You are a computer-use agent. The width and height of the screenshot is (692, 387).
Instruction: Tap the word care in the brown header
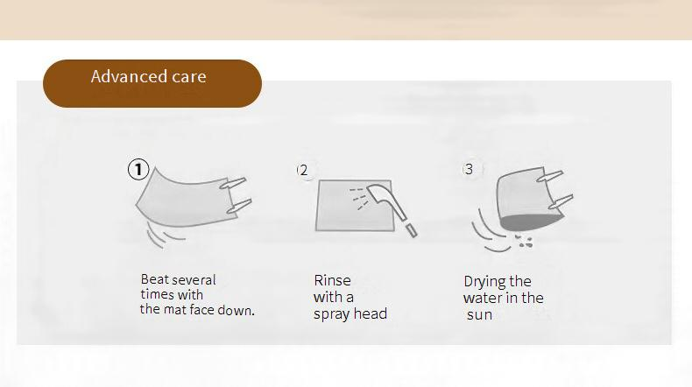[189, 77]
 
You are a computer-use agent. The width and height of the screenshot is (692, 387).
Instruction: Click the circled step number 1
[138, 170]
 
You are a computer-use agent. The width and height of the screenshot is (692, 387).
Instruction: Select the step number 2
[303, 171]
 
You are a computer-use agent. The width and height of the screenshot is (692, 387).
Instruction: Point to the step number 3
[469, 169]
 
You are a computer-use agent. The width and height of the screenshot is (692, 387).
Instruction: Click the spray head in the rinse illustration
[391, 208]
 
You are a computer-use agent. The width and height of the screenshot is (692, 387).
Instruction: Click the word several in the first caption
[194, 280]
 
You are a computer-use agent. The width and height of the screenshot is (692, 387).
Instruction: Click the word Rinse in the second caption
[332, 280]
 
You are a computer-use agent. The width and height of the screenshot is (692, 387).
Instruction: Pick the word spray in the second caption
[329, 314]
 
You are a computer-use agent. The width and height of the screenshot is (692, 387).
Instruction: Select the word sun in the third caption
[479, 315]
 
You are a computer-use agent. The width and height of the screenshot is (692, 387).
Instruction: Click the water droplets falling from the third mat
[524, 241]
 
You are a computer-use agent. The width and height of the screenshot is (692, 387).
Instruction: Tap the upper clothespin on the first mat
[233, 183]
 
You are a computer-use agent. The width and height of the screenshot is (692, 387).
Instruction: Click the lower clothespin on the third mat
[561, 201]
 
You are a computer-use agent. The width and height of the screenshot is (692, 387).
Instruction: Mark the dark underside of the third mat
[532, 222]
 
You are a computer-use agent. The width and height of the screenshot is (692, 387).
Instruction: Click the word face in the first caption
[201, 310]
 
